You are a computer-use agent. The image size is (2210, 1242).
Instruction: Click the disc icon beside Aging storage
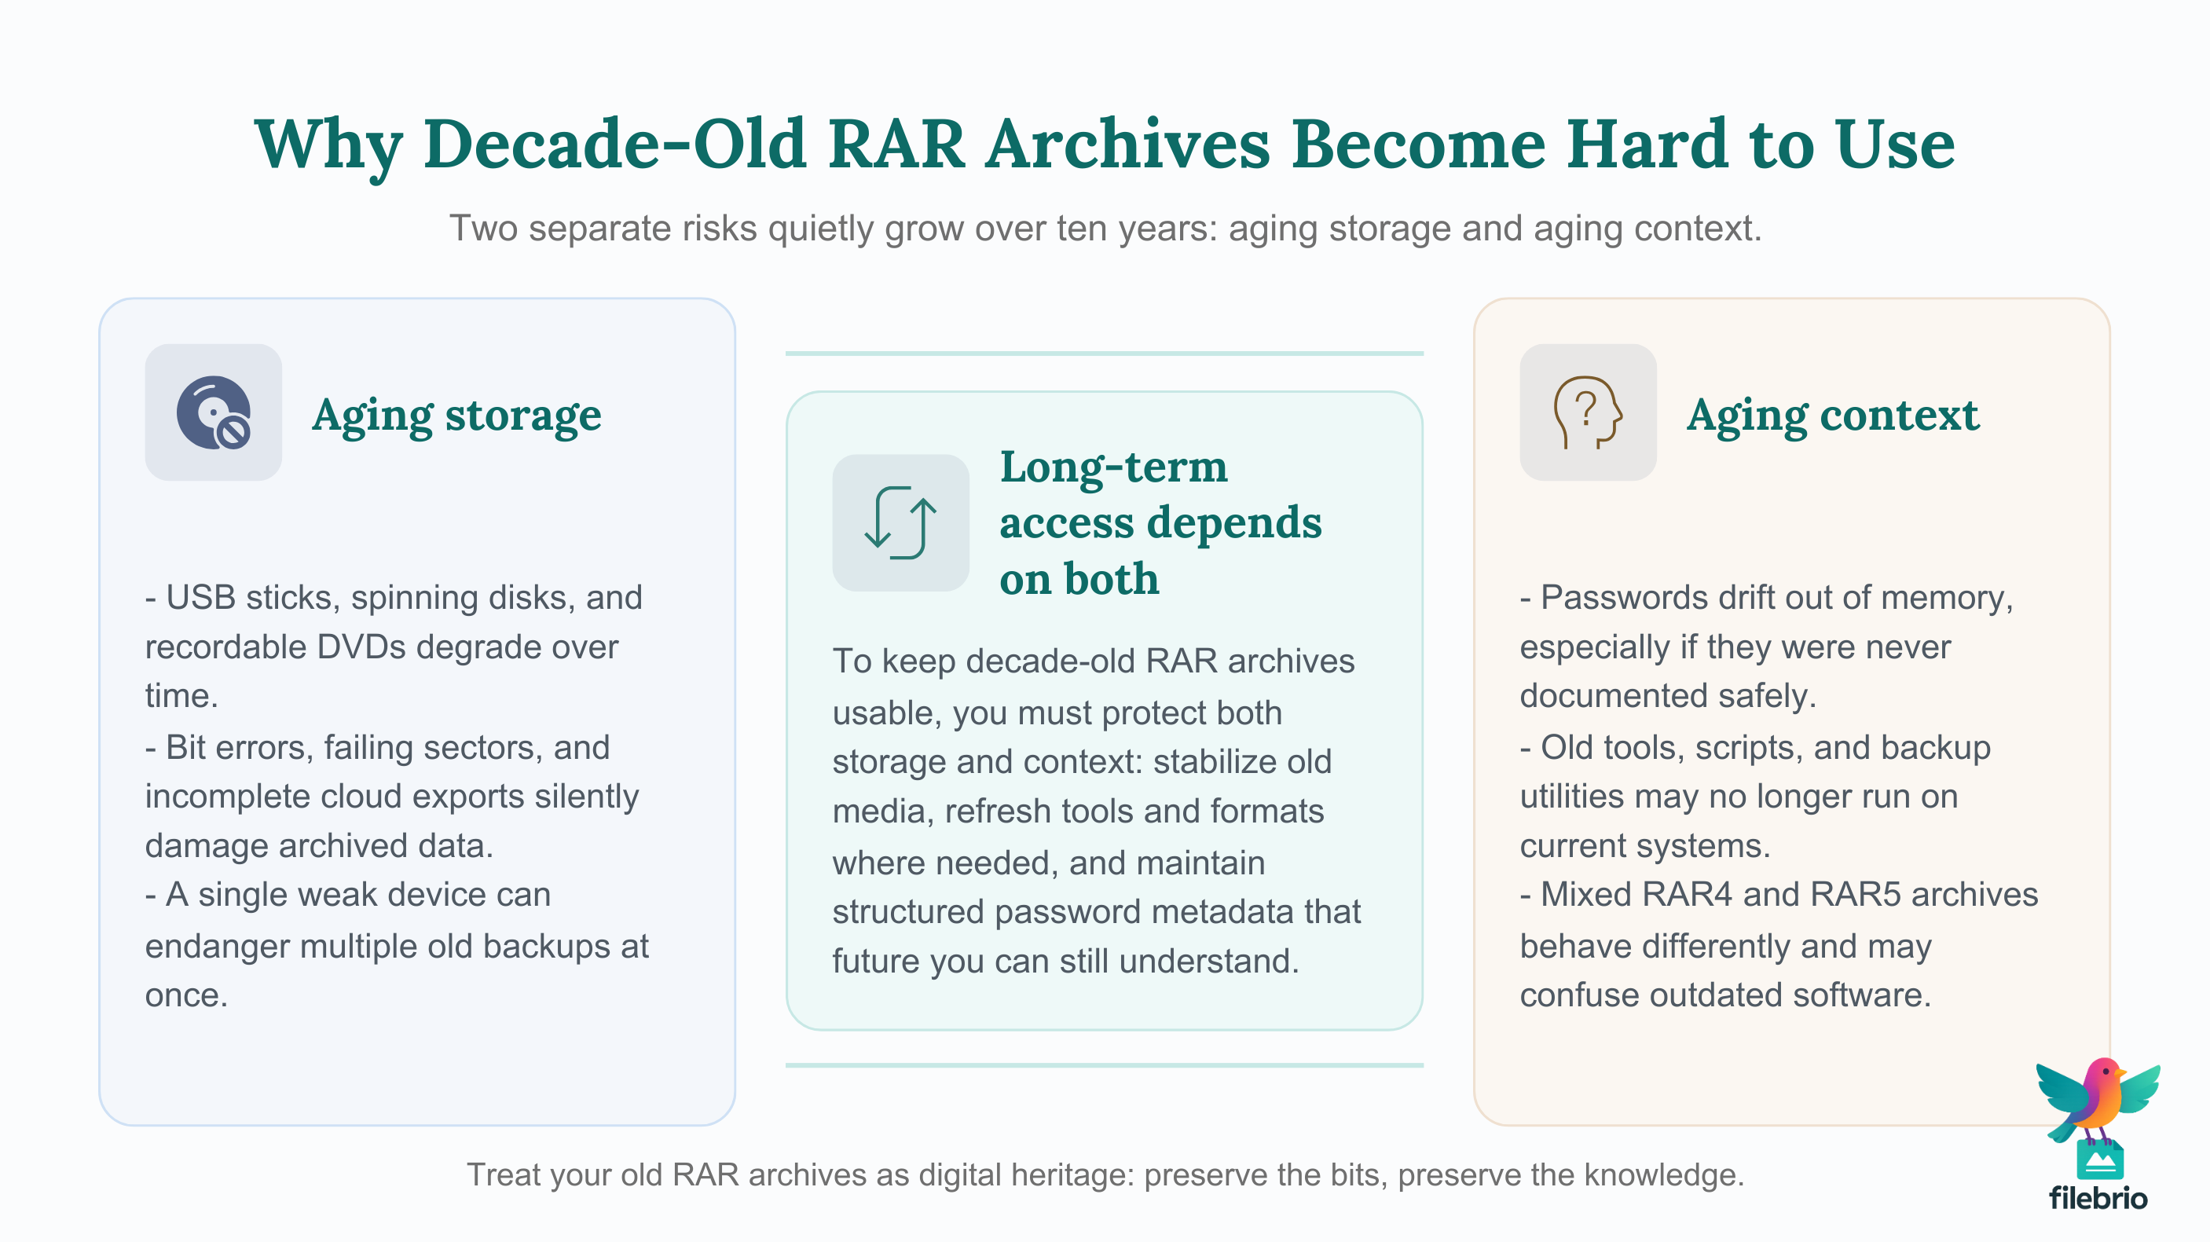coord(213,412)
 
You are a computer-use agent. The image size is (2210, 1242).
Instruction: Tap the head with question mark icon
coord(1587,412)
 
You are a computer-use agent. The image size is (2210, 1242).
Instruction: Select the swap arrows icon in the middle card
coord(900,522)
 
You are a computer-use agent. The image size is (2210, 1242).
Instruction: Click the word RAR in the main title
coord(896,144)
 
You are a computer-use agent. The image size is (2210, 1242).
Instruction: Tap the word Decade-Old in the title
coord(614,144)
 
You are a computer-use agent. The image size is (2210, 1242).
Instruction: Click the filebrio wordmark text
coord(2098,1198)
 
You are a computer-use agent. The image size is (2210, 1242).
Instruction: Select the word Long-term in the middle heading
coord(1113,467)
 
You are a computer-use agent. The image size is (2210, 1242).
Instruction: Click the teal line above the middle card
coord(1104,354)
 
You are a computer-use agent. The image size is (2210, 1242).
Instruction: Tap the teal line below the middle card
coord(1104,1065)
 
